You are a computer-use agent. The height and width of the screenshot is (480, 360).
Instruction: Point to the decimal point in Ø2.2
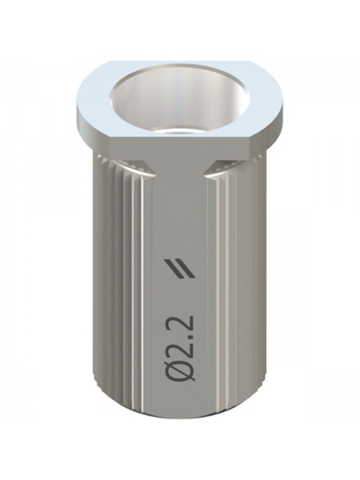[192, 331]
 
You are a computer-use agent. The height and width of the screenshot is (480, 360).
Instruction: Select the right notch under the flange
[221, 170]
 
